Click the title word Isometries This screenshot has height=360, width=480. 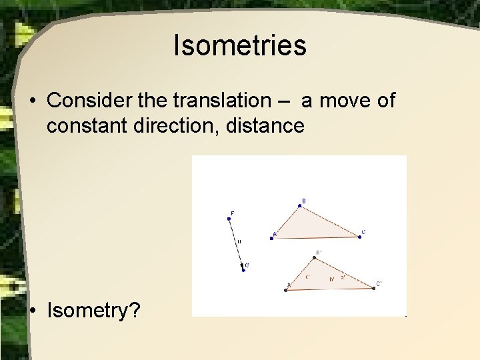click(239, 45)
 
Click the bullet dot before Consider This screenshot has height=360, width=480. click(33, 101)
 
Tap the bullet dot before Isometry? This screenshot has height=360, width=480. click(33, 309)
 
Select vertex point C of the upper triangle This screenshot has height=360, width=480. click(359, 237)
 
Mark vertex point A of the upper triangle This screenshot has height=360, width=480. click(271, 238)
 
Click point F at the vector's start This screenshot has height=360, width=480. click(229, 219)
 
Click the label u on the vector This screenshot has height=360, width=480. click(239, 241)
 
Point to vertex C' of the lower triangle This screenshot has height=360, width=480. click(373, 289)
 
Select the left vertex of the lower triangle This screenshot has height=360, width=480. click(286, 290)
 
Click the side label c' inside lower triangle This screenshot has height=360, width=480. click(307, 277)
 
